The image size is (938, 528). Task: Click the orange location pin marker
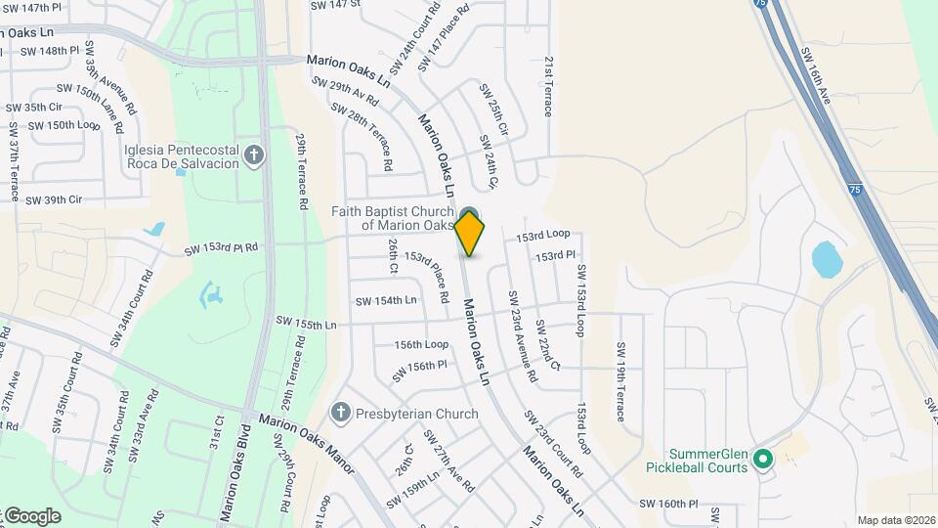pos(470,233)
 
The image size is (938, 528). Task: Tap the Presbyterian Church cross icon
pos(340,414)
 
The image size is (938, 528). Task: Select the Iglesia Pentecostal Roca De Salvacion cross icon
pos(254,155)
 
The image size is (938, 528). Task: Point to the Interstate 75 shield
pos(855,189)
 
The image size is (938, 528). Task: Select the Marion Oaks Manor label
pos(305,439)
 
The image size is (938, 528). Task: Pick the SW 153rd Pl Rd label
pos(221,250)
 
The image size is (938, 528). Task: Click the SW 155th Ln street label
pos(306,322)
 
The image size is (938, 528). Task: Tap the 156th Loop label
pos(421,345)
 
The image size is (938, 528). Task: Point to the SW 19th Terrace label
pos(619,381)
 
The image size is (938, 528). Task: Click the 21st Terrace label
pos(548,85)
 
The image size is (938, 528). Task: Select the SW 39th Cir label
pos(53,200)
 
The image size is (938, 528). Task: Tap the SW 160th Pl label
pos(669,505)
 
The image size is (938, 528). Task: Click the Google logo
pos(31,516)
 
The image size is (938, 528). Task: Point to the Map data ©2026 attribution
pos(895,520)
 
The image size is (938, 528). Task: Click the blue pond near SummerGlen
pos(827,259)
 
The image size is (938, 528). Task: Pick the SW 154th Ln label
pos(386,301)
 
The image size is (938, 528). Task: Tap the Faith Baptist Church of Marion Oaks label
pos(392,218)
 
